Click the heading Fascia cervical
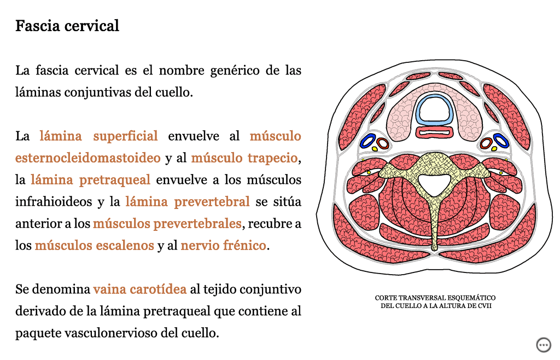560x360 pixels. click(67, 26)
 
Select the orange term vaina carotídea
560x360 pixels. click(140, 289)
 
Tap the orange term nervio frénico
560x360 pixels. click(223, 245)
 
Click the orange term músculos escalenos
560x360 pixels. click(94, 245)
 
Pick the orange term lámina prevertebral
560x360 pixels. click(188, 202)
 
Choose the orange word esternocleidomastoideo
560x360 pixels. click(88, 158)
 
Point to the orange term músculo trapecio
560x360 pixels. click(244, 158)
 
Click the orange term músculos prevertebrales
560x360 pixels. click(167, 224)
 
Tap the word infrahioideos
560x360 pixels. click(54, 202)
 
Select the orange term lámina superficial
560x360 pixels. click(98, 136)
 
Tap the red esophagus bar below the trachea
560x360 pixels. click(435, 132)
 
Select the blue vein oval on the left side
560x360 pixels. click(368, 141)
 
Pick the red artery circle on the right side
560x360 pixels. click(486, 143)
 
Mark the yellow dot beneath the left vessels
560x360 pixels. click(374, 149)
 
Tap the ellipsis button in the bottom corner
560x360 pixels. click(544, 345)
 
